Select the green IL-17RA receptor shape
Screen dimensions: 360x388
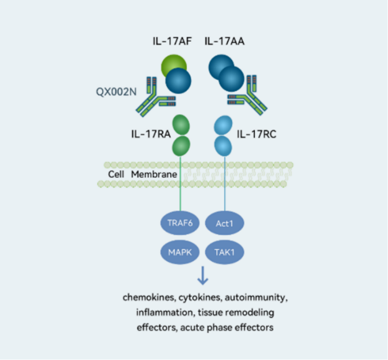click(181, 136)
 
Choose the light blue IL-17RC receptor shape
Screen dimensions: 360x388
click(223, 136)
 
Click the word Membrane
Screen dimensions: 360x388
click(154, 174)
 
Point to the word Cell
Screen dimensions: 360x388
click(116, 174)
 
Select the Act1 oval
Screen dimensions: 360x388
click(224, 223)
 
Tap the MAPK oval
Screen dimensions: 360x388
click(180, 252)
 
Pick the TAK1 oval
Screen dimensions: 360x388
click(224, 252)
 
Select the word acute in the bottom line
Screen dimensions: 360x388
click(191, 327)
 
